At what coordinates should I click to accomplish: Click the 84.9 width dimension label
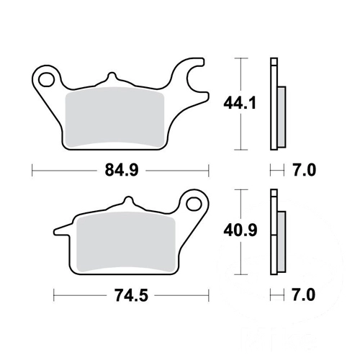click(122, 171)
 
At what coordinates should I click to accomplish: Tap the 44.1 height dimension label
click(240, 103)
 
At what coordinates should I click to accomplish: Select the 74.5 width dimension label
click(131, 295)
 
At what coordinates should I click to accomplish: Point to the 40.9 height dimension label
click(240, 230)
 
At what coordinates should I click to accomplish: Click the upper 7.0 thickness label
click(304, 171)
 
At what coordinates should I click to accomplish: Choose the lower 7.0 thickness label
click(303, 295)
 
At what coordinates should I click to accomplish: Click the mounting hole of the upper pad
click(46, 79)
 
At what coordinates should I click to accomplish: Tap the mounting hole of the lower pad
click(194, 204)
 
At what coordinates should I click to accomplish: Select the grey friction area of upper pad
click(114, 117)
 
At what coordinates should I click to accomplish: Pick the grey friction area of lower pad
click(126, 242)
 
